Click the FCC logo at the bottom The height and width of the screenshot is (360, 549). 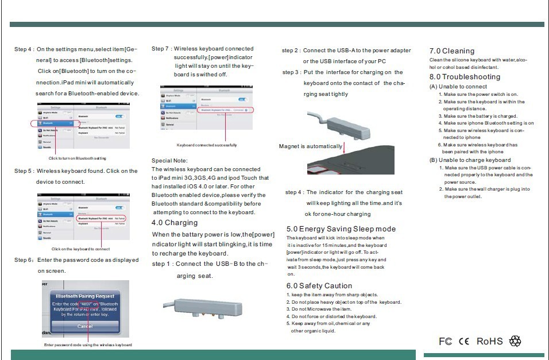coord(445,342)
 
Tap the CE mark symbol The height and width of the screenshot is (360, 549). coord(463,342)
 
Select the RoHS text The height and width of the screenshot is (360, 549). coord(489,341)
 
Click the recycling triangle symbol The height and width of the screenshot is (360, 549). coord(515,341)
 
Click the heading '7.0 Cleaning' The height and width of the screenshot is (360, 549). coord(452,51)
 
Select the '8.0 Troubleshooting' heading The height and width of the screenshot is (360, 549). coord(465,77)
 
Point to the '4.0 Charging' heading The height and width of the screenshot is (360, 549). coord(175,223)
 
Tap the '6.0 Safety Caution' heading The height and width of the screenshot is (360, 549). coord(319,286)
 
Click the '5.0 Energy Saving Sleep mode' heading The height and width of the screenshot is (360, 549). coord(341,229)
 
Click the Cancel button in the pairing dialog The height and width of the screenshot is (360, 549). coord(85,326)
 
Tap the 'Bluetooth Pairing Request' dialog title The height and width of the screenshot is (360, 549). coord(85,296)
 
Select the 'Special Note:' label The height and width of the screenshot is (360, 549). coord(169,161)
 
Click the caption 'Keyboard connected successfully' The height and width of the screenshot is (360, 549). coord(207,145)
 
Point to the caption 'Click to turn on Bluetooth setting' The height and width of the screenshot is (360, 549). coord(78,158)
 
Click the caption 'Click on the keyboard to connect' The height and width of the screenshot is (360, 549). coord(80,249)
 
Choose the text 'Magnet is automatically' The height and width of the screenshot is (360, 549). coord(311,146)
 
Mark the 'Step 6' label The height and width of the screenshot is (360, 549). coord(24,260)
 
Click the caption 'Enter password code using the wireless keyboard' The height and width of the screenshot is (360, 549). coord(88,345)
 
